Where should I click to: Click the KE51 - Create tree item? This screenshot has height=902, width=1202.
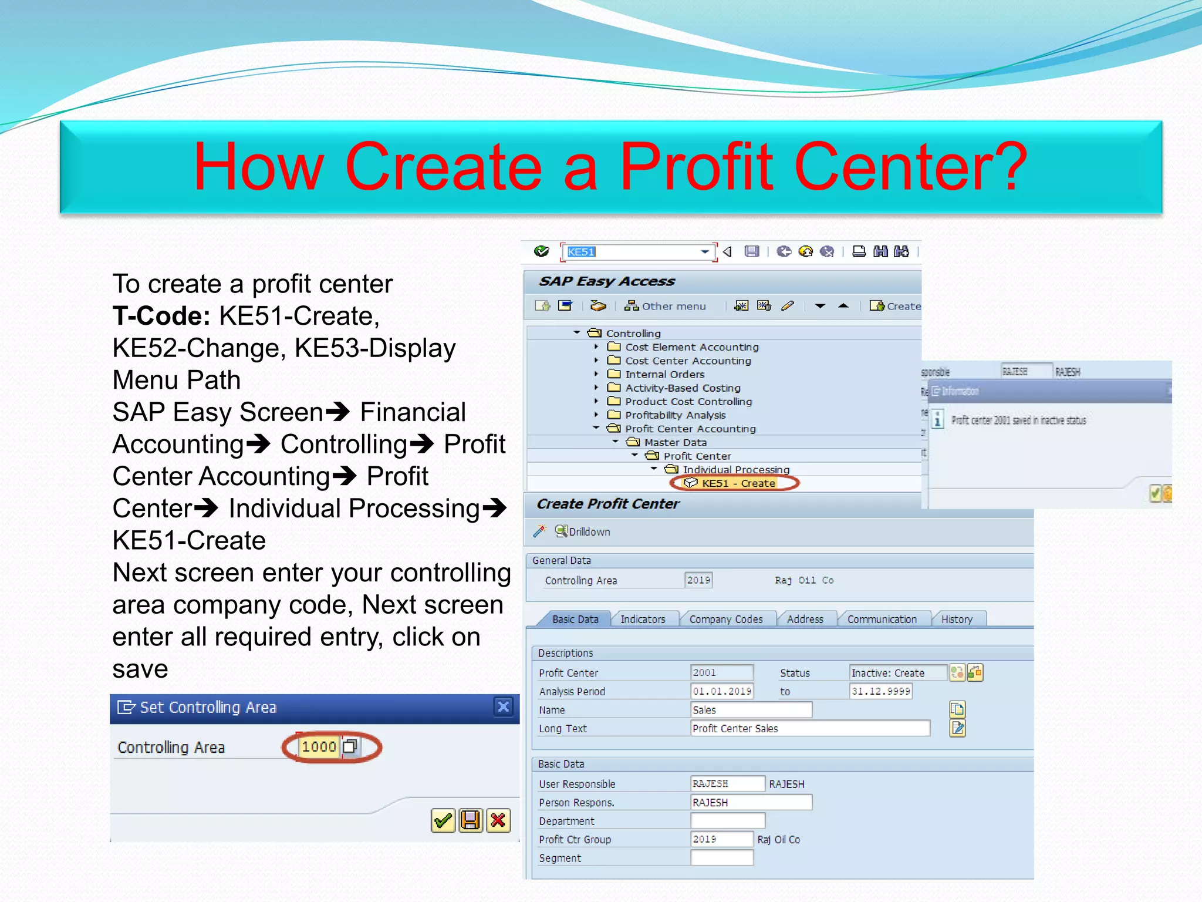tap(738, 483)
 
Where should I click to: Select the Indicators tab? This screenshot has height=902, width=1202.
tap(643, 619)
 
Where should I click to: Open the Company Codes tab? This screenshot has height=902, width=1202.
tap(725, 619)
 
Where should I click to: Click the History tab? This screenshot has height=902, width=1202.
tap(956, 619)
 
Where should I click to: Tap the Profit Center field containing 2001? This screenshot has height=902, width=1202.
tap(721, 673)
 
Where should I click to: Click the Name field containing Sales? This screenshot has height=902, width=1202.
tap(751, 710)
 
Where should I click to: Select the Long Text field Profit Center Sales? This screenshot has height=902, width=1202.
tap(809, 729)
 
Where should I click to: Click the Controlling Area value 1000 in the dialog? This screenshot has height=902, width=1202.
tap(319, 747)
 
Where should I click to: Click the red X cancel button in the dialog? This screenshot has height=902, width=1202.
tap(498, 820)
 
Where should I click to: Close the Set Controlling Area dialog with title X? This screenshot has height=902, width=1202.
tap(504, 706)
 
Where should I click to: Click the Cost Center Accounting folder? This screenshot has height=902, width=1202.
tap(687, 361)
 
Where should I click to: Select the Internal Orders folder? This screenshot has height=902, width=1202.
tap(664, 374)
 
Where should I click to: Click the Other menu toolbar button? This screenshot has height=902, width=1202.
tap(666, 306)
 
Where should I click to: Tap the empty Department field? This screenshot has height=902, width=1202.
tap(728, 821)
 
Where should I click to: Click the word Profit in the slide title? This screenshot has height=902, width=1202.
tap(697, 167)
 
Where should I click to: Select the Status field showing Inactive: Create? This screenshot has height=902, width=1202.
tap(897, 673)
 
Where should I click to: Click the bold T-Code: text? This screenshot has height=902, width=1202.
tap(161, 316)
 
